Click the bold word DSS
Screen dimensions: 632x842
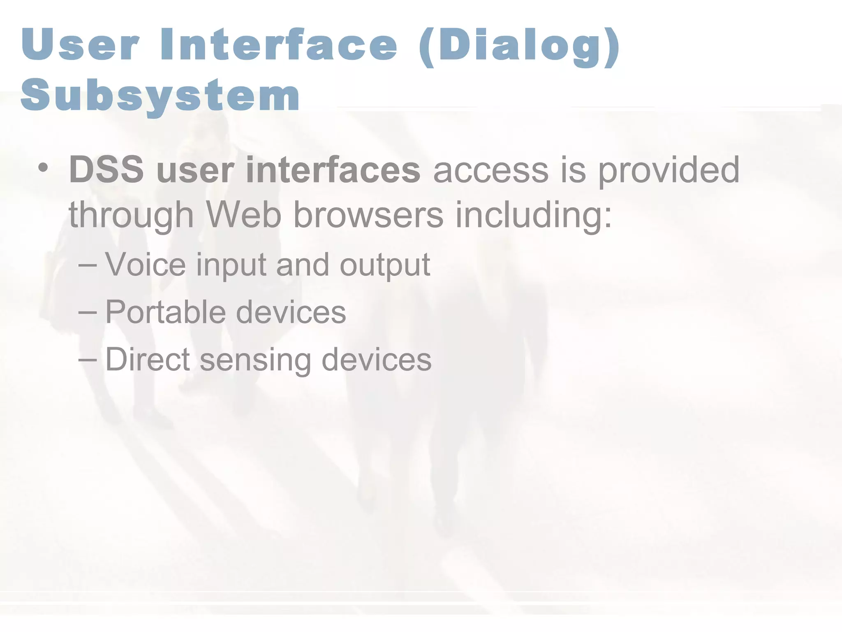coord(106,170)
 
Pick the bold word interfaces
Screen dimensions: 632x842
coord(333,170)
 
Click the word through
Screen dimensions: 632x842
coord(131,216)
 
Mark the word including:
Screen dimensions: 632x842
coord(534,216)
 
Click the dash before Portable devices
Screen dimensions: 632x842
coord(88,312)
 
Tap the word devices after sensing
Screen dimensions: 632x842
coord(376,359)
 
